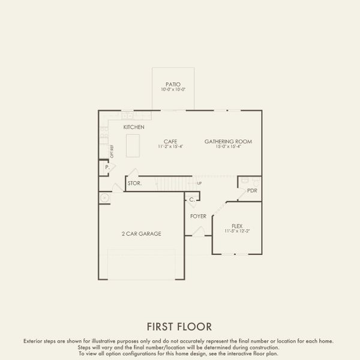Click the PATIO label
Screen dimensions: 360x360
[x=173, y=85]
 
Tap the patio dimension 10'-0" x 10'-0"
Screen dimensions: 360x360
[x=173, y=90]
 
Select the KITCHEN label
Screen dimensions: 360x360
[x=134, y=127]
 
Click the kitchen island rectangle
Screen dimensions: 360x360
[x=133, y=146]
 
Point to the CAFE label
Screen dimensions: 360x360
[x=170, y=142]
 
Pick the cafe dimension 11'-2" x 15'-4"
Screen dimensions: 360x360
[x=170, y=147]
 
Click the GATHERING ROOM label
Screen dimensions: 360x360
[x=228, y=142]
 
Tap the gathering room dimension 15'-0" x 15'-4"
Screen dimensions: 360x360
[x=228, y=147]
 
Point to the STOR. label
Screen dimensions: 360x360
[x=134, y=183]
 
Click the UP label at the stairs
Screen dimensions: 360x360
[x=199, y=183]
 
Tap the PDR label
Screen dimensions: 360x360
[x=252, y=191]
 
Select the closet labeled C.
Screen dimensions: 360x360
[x=191, y=199]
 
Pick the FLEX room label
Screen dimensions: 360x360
[x=236, y=226]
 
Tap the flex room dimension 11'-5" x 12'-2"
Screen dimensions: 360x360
[x=236, y=231]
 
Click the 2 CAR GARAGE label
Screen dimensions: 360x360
[x=141, y=233]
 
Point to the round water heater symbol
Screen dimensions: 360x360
[x=105, y=197]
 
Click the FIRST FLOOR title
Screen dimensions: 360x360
[x=179, y=326]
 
